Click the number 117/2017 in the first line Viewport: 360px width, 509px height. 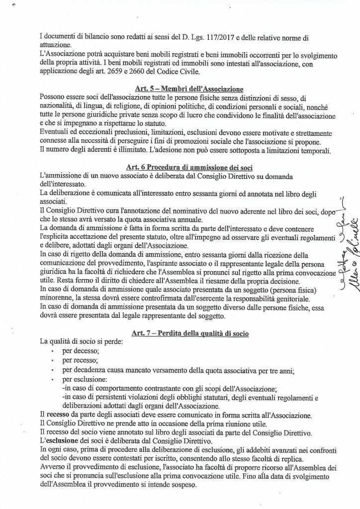237,37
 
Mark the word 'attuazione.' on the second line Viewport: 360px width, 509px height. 56,45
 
